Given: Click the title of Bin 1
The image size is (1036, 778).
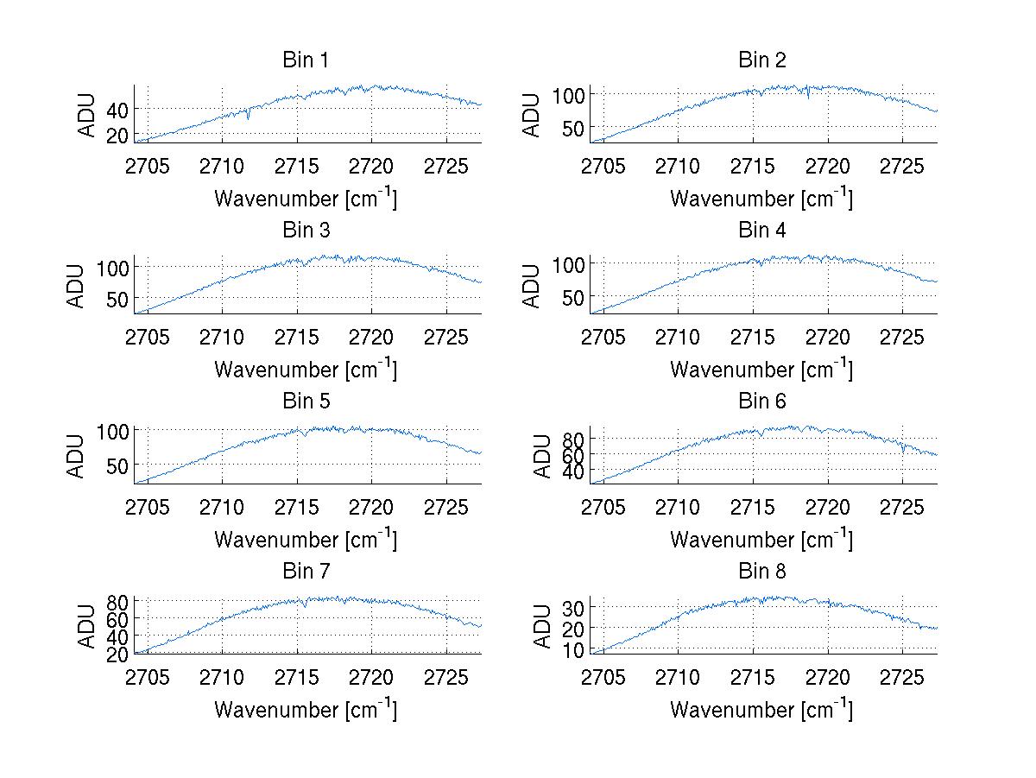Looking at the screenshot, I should [x=306, y=60].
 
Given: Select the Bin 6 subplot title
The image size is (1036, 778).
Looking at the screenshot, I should [x=761, y=402].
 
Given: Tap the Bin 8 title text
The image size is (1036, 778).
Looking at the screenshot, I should [x=761, y=572].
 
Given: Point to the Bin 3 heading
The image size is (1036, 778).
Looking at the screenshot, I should [x=306, y=231].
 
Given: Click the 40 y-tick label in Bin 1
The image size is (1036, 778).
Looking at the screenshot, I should [x=117, y=110].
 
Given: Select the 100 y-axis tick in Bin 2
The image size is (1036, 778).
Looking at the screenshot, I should [x=567, y=94].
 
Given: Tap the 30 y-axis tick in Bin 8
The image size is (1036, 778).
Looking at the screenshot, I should [x=573, y=608].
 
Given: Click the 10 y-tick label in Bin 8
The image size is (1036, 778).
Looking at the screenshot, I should [x=573, y=649].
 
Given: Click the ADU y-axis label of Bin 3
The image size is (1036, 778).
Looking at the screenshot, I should [x=76, y=286].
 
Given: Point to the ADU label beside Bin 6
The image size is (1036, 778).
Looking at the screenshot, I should [x=542, y=456].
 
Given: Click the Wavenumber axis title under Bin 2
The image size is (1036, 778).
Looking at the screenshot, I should [x=761, y=199].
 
